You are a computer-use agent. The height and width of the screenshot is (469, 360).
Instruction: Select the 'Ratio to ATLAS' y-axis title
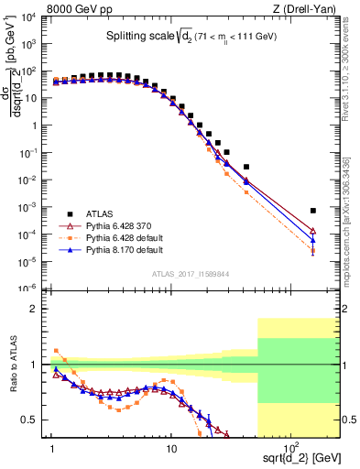coord(13,364)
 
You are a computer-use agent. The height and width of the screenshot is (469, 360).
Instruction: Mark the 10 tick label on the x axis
coord(170,449)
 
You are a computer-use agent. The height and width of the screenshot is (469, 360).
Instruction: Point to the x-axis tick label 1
coord(52,449)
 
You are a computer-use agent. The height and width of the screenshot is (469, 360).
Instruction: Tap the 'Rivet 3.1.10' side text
coord(352,69)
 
